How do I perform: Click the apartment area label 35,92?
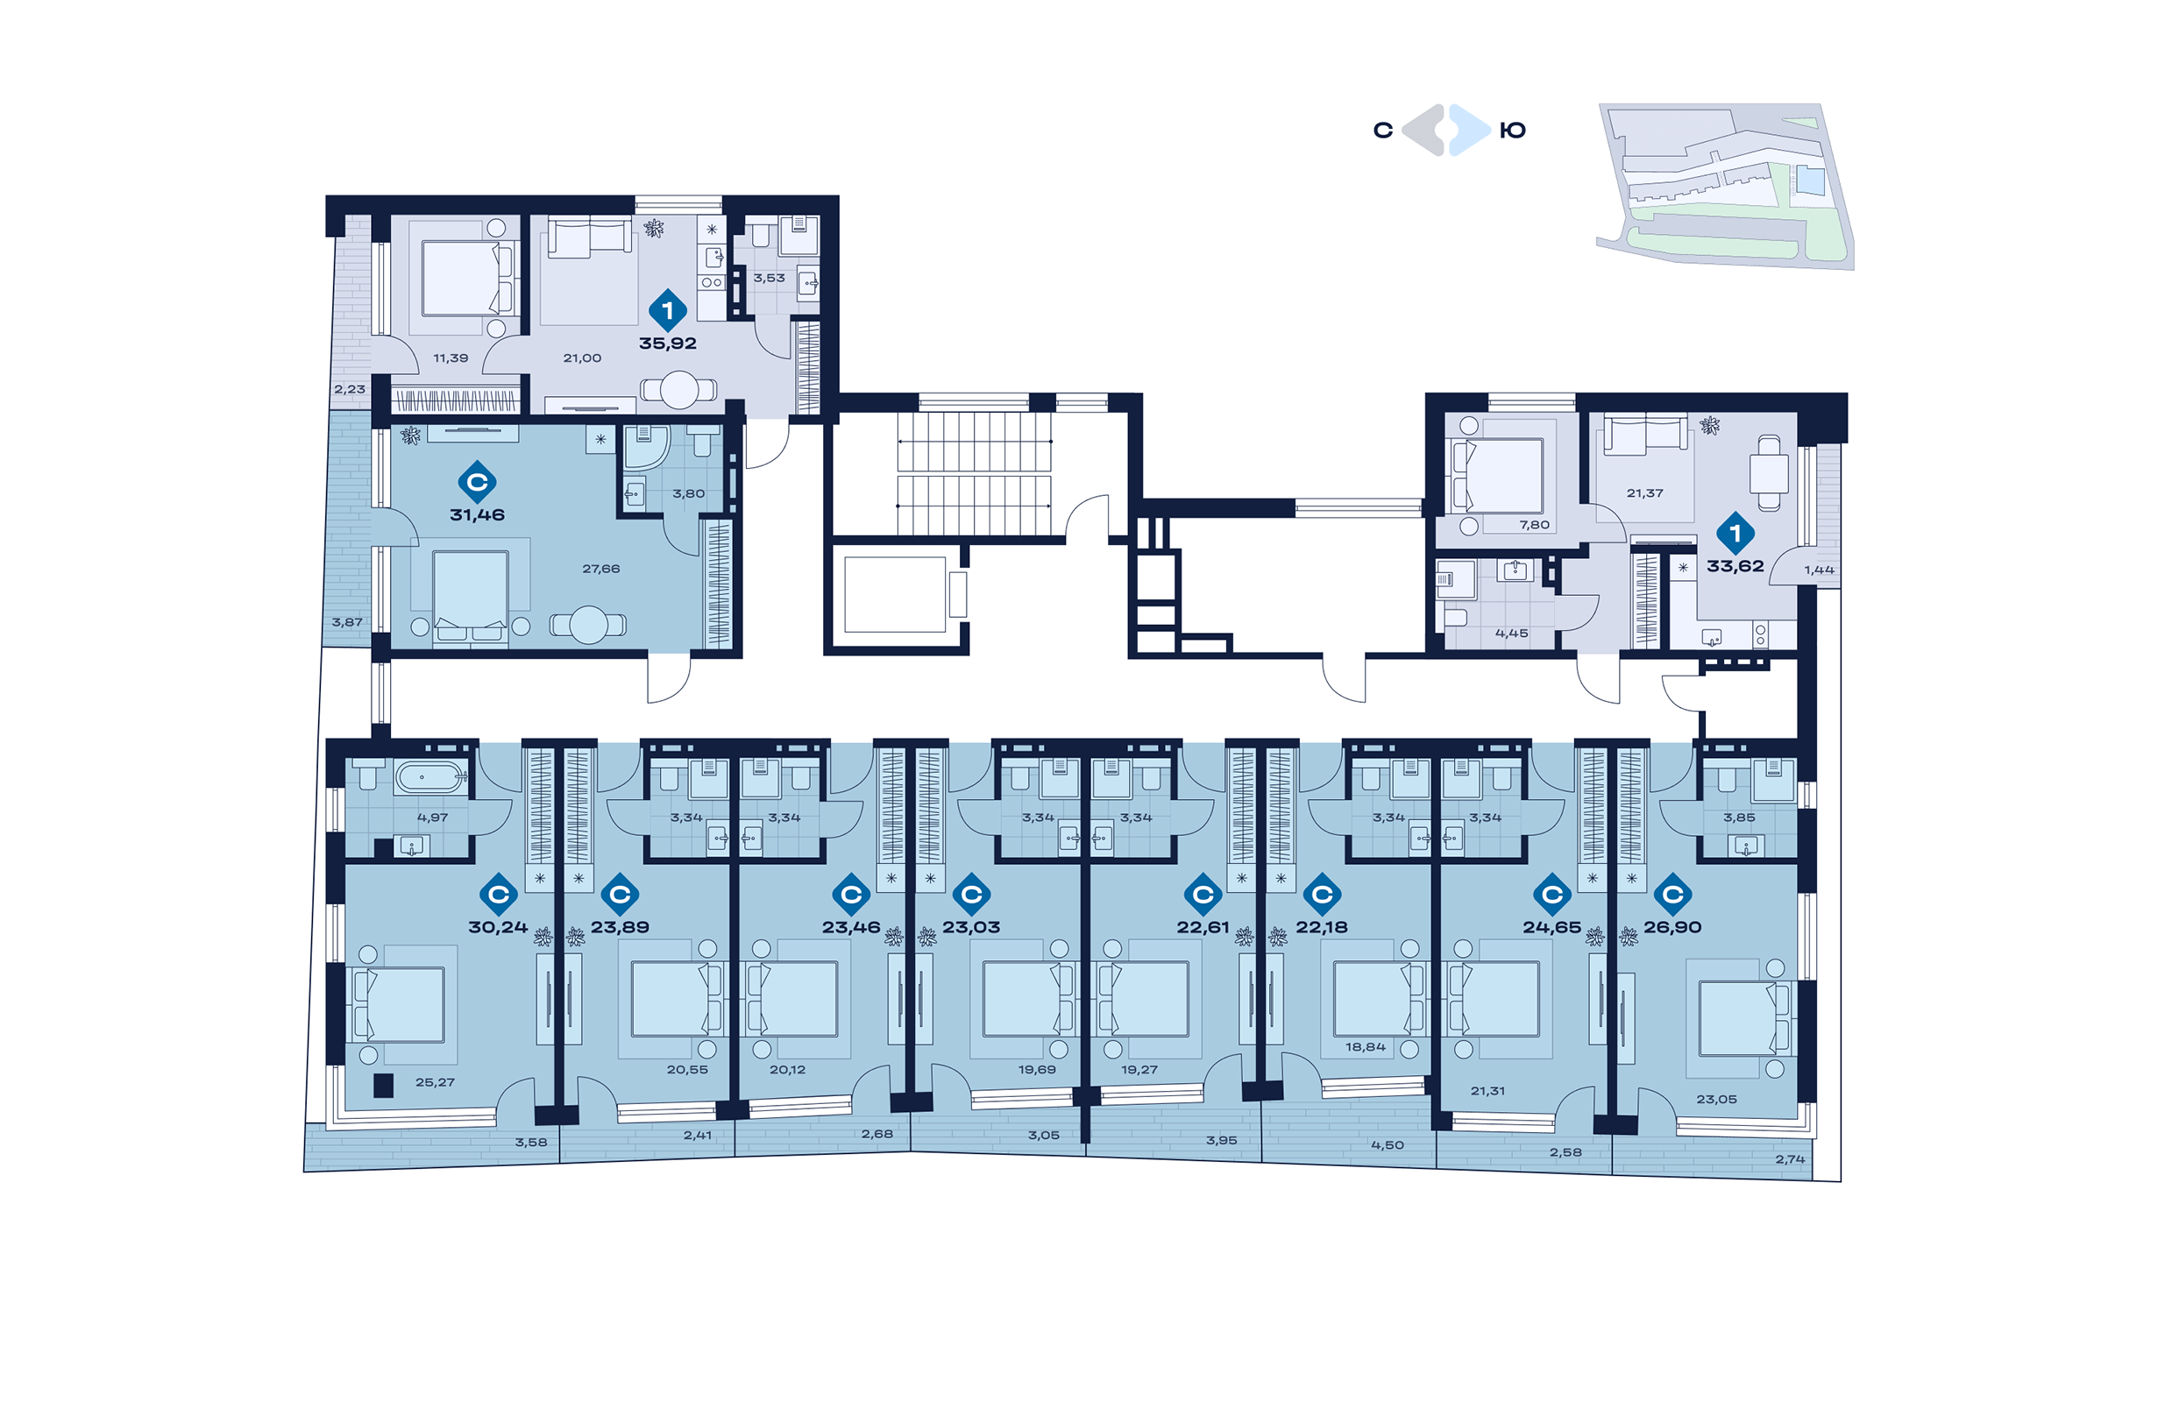[667, 344]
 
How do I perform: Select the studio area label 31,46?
[477, 515]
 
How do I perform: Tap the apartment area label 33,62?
[1735, 566]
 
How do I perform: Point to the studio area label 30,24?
[498, 928]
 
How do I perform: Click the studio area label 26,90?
[1672, 928]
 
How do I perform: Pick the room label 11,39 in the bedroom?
[451, 358]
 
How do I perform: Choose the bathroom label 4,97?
[432, 818]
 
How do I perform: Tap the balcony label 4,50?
[1388, 1145]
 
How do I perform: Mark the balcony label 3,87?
[347, 623]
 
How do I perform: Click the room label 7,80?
[1534, 525]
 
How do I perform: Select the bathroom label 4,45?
[1512, 634]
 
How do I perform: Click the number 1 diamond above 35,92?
[667, 310]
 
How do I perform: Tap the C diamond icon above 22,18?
[1322, 895]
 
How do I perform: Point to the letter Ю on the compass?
[1513, 131]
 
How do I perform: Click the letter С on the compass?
[1383, 131]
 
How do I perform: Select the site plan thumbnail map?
[1726, 186]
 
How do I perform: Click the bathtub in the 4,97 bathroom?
[429, 777]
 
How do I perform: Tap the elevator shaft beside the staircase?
[895, 594]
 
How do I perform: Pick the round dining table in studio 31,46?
[589, 625]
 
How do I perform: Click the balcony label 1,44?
[1820, 570]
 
